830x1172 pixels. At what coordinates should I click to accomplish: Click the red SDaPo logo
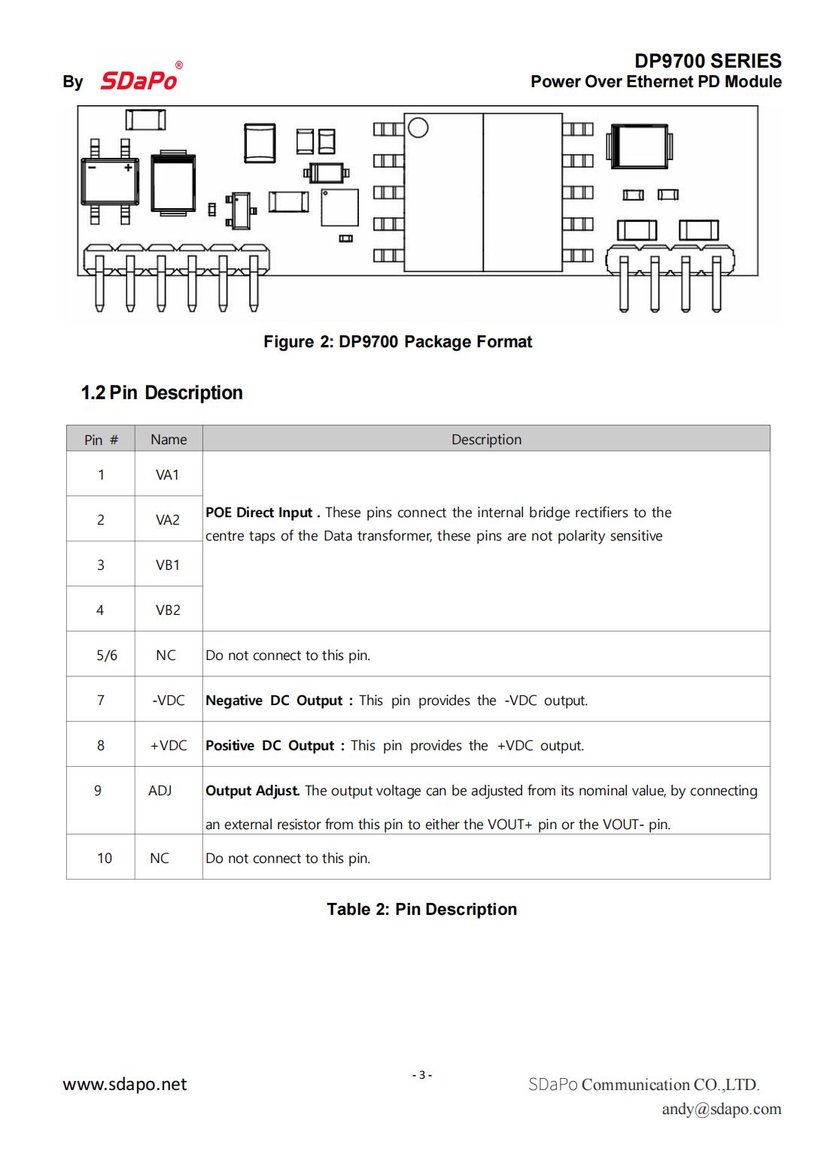(139, 80)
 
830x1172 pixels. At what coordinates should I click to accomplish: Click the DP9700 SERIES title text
(707, 61)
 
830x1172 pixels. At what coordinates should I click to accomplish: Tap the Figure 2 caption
(397, 342)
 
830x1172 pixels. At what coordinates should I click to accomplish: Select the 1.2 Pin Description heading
(162, 393)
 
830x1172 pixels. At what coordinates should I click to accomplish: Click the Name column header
(169, 440)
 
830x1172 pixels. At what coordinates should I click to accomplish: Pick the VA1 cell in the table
(168, 475)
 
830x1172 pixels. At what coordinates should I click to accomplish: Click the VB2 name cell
(168, 610)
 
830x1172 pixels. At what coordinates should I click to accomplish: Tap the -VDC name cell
(168, 701)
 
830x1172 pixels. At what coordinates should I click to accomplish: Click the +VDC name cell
(169, 746)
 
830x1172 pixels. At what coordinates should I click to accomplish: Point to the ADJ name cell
(160, 791)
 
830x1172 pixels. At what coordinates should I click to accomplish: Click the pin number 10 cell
(105, 859)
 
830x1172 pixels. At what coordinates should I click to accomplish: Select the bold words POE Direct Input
(259, 513)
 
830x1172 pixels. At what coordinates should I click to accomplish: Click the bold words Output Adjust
(253, 791)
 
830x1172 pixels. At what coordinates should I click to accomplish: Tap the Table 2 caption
(421, 910)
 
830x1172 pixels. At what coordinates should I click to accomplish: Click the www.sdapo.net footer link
(125, 1084)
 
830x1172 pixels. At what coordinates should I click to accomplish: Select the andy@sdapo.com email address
(721, 1109)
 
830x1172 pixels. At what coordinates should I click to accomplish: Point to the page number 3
(422, 1075)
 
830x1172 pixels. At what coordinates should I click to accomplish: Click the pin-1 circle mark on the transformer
(418, 128)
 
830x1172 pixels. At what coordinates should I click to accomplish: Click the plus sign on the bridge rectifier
(129, 168)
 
